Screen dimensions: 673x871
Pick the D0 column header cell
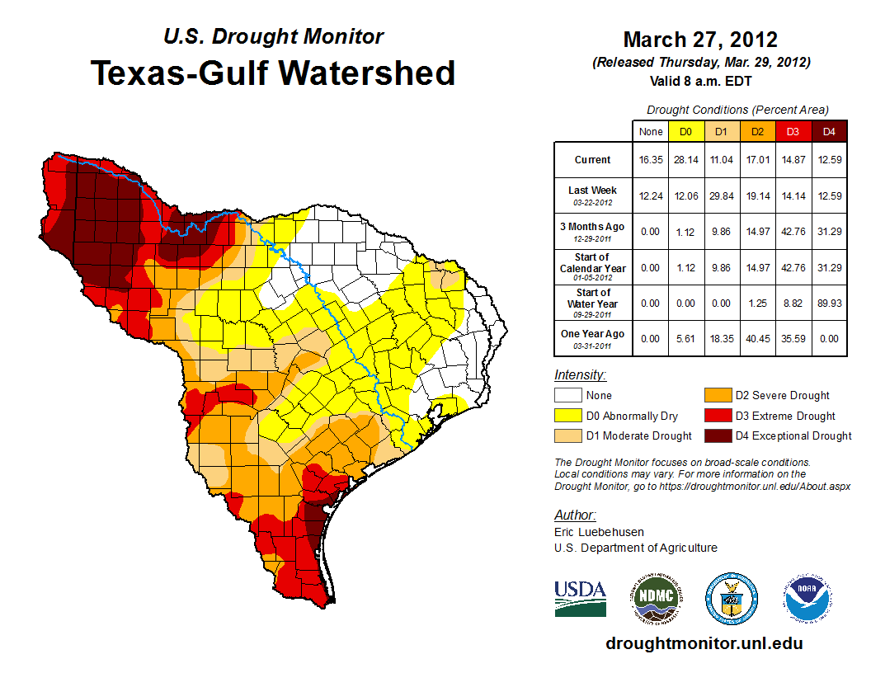pos(685,132)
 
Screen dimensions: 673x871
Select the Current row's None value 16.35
pos(650,160)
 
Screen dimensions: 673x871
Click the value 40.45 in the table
pos(757,338)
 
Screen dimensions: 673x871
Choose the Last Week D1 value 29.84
pos(721,195)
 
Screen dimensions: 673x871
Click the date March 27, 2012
pos(700,40)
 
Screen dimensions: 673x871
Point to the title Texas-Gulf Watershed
pos(272,73)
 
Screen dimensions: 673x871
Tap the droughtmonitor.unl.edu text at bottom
pos(704,643)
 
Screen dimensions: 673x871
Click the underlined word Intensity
pos(580,375)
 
